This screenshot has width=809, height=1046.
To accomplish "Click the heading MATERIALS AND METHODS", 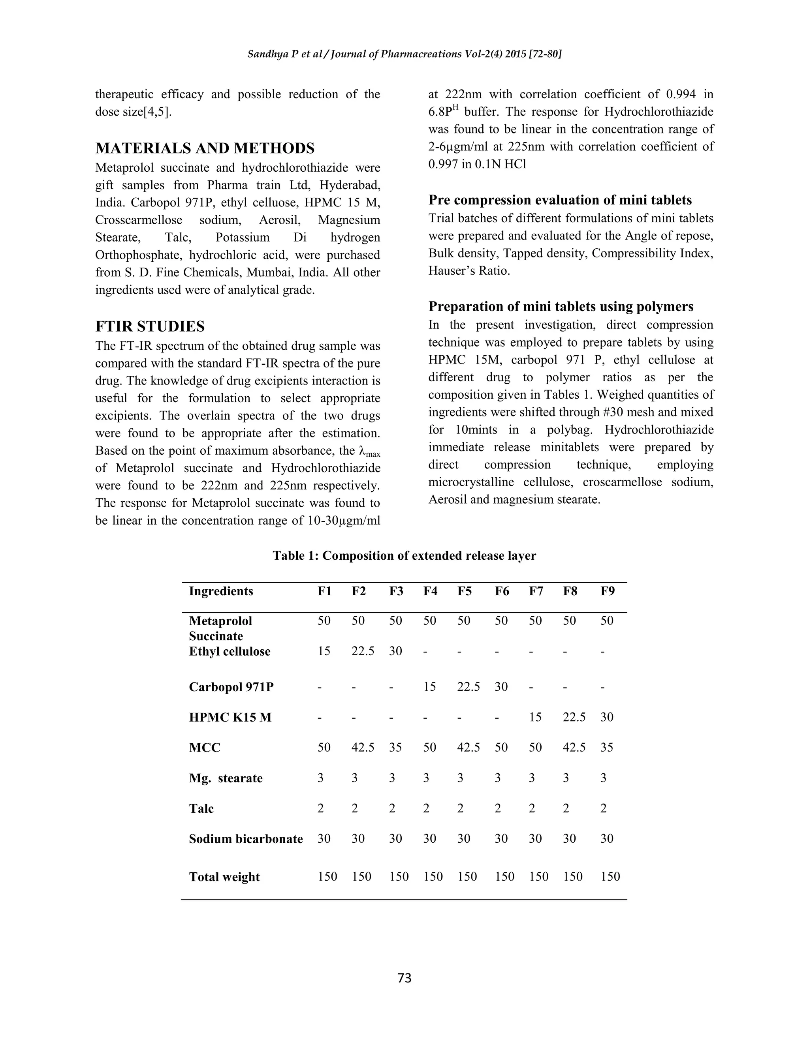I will point(205,148).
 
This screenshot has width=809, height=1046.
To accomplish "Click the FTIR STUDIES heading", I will point(150,327).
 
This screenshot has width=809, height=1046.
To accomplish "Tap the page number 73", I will point(404,977).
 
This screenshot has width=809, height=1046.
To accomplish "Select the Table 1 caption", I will point(404,556).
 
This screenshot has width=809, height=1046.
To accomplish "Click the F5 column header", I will point(464,591).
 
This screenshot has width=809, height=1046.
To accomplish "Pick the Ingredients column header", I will point(221,591).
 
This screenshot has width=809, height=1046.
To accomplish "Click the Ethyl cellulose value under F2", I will point(363,651).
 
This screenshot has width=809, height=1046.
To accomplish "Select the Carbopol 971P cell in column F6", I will point(501,687).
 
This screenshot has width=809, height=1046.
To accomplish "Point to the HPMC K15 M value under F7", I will point(535,717).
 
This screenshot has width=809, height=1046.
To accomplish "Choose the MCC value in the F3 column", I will point(395,748).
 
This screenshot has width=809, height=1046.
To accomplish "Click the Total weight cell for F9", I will point(610,877).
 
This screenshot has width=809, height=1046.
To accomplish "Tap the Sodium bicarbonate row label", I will point(245,839).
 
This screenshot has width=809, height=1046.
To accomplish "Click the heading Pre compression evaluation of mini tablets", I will point(560,200).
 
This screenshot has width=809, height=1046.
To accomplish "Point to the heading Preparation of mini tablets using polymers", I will point(561,307).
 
